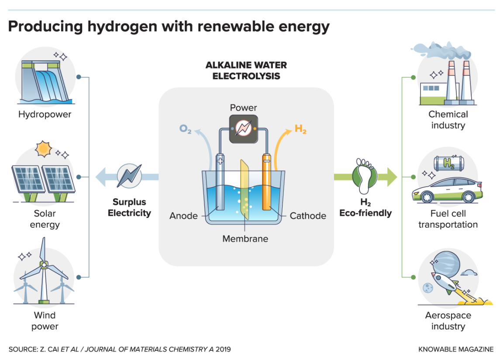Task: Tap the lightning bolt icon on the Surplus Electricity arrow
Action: pyautogui.click(x=129, y=176)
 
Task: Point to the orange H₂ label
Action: pyautogui.click(x=300, y=129)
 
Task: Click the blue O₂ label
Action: pyautogui.click(x=186, y=129)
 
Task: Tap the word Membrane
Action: pyautogui.click(x=245, y=239)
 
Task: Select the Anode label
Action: pyautogui.click(x=183, y=216)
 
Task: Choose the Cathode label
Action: pyautogui.click(x=308, y=216)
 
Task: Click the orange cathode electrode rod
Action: pyautogui.click(x=267, y=183)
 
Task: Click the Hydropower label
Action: pyautogui.click(x=45, y=114)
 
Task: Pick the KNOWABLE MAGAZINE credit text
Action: pyautogui.click(x=456, y=349)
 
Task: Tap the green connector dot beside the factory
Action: pyautogui.click(x=413, y=78)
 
